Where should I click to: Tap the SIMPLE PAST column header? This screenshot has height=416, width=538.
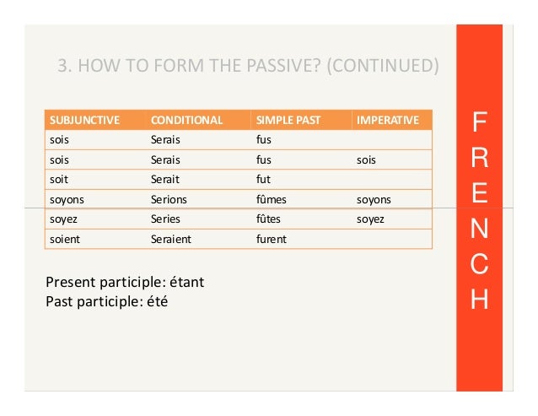click(x=288, y=120)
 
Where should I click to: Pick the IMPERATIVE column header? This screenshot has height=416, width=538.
click(x=388, y=120)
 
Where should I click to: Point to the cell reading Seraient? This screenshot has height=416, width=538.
click(x=171, y=240)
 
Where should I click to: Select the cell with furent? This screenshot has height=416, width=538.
click(x=272, y=240)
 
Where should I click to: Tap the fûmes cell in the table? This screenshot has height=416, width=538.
click(x=272, y=200)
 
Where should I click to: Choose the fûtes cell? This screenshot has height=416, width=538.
click(x=271, y=219)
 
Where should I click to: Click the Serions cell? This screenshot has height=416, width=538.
click(x=169, y=200)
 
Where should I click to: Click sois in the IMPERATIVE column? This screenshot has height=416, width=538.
click(x=366, y=159)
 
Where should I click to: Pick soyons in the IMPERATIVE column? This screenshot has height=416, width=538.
click(x=374, y=200)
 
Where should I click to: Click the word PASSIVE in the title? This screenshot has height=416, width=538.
click(x=250, y=65)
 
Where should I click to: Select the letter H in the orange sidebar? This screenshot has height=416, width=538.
click(x=478, y=300)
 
